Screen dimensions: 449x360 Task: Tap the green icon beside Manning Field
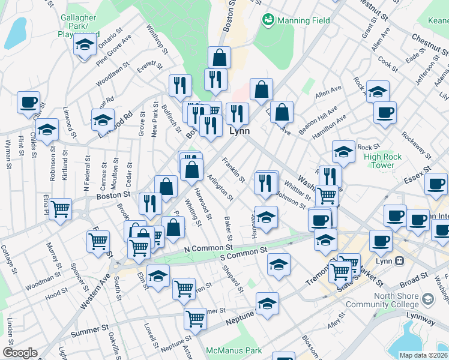point(268,20)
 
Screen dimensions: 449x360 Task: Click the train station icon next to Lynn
point(399,261)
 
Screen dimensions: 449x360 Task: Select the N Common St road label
point(208,248)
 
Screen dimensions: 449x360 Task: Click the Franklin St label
point(233,170)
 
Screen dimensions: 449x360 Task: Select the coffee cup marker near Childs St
point(28,102)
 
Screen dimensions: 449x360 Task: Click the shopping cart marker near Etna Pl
point(61,209)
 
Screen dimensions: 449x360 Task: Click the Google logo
point(20,353)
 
